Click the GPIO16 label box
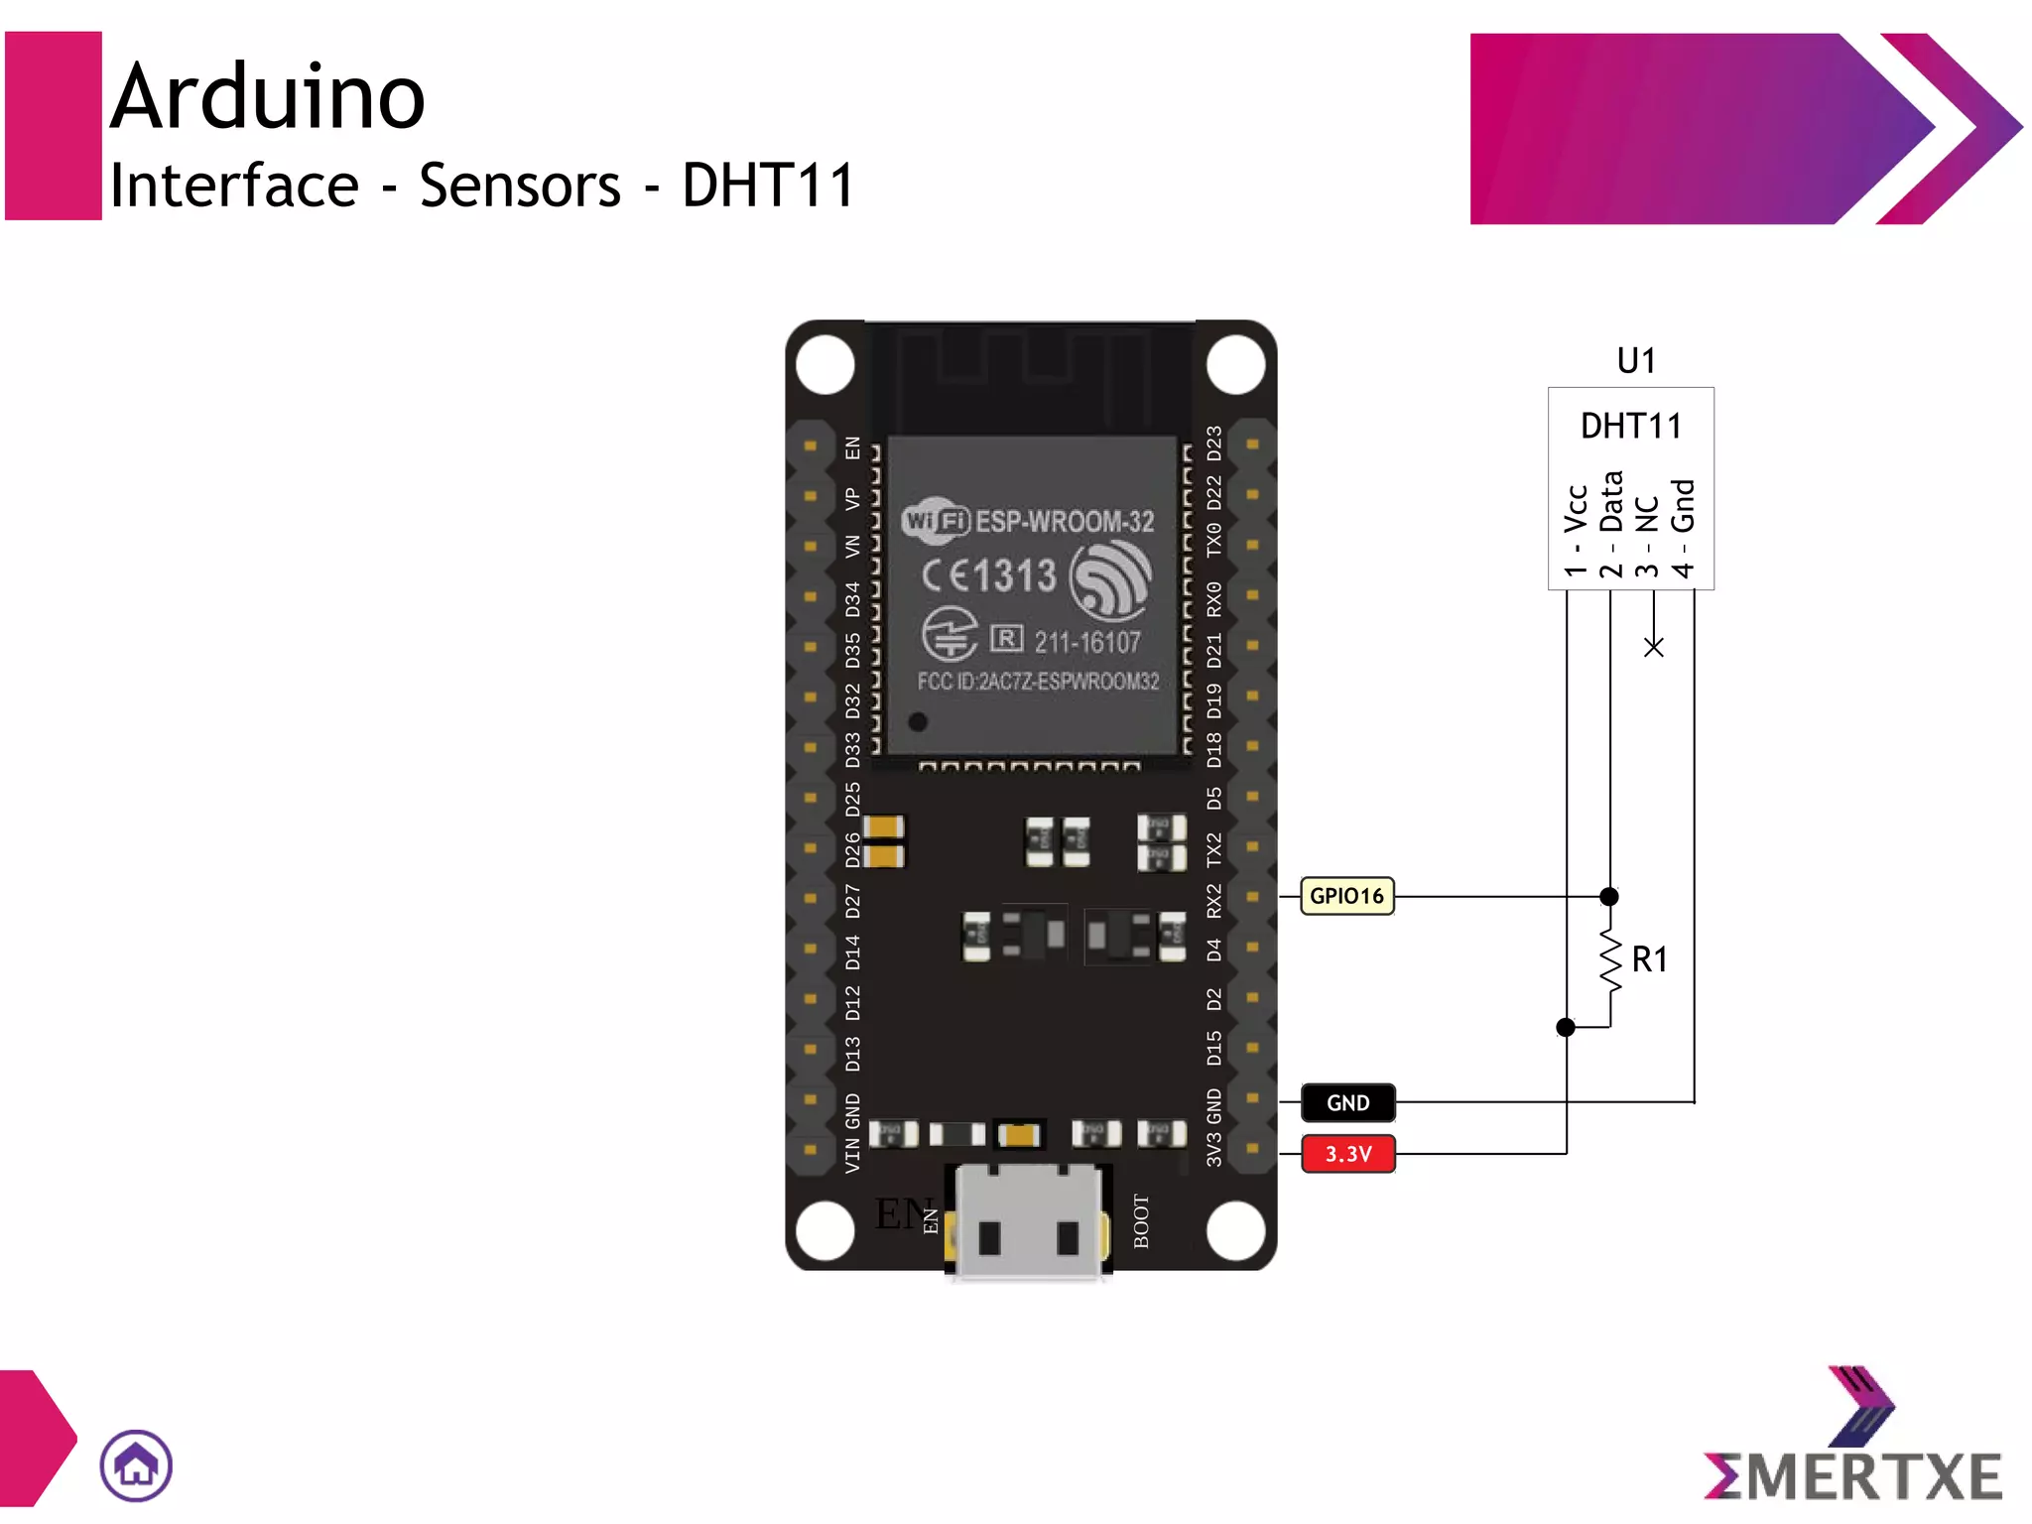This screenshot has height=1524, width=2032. point(1346,896)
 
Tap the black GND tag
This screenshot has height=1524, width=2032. point(1347,1102)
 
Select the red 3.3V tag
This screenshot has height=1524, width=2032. point(1347,1154)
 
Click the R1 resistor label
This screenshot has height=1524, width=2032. point(1649,959)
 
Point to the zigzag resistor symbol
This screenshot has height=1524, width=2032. point(1610,961)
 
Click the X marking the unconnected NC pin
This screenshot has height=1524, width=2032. point(1653,647)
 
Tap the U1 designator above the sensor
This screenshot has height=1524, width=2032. point(1636,360)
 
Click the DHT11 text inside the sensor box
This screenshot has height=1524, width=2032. point(1631,426)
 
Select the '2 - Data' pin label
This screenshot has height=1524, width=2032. point(1610,524)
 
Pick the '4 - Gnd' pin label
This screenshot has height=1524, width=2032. point(1683,528)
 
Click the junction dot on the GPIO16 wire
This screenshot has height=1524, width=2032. point(1609,896)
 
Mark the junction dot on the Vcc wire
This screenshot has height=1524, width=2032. point(1566,1027)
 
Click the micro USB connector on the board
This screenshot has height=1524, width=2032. point(1029,1222)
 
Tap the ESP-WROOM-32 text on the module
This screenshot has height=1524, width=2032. point(1065,521)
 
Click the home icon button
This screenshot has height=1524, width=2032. point(136,1465)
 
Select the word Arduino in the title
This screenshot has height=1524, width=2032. point(267,96)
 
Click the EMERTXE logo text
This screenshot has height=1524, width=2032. point(1853,1476)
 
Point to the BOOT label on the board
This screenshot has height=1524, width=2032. point(1141,1221)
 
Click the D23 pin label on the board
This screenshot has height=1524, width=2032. point(1213,444)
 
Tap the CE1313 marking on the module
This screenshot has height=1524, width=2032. point(989,575)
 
